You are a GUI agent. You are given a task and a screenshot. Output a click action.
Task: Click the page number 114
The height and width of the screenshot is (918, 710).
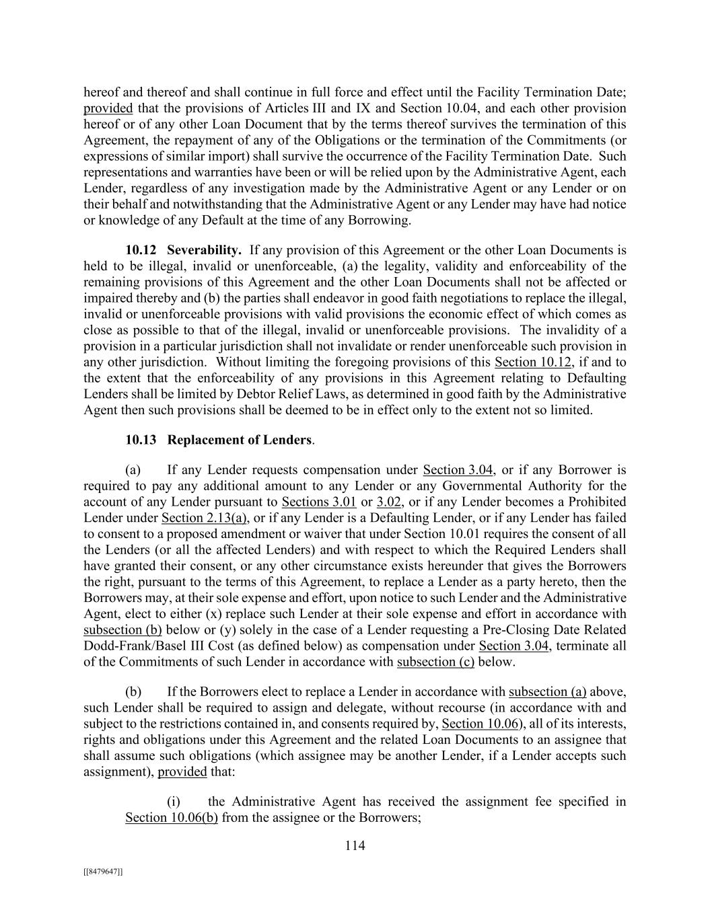(355, 846)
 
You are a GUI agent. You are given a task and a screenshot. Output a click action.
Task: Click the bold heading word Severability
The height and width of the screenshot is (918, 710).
(204, 250)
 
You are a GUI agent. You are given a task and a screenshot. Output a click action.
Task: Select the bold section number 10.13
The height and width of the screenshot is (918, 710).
(141, 440)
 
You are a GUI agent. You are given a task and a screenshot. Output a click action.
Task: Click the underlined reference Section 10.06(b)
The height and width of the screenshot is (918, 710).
(171, 818)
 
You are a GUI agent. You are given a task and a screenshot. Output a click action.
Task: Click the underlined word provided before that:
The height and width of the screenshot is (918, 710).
(182, 771)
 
